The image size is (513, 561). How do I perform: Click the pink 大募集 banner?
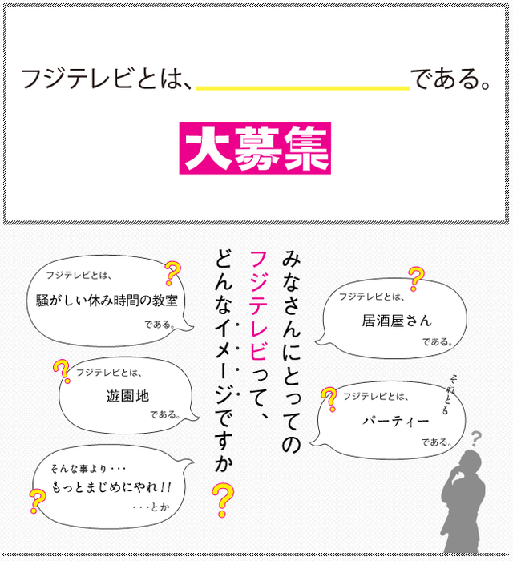tap(255, 148)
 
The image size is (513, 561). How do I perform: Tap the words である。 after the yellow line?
tap(450, 79)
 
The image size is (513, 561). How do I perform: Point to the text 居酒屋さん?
tap(396, 321)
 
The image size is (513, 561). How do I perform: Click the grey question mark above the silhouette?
tap(476, 438)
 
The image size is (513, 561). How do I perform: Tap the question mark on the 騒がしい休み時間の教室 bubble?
tap(171, 273)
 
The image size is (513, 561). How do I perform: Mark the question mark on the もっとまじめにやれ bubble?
tap(37, 501)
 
